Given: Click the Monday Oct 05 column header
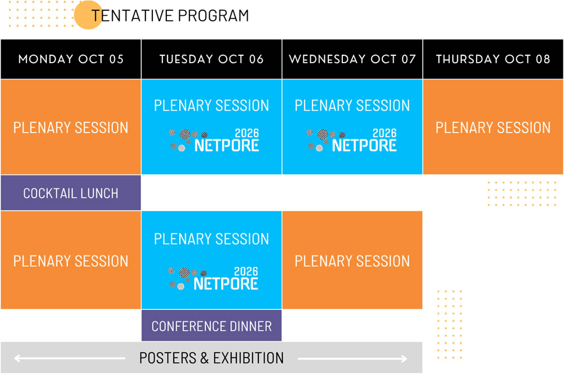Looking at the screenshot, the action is pos(71,59).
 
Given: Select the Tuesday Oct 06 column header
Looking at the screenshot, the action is pos(211,59).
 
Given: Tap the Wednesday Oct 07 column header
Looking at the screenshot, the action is pos(352,59).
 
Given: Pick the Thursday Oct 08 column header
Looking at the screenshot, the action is pos(493,59).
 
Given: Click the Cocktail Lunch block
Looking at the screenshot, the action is pos(71,193).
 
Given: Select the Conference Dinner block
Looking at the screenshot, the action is pos(211,325).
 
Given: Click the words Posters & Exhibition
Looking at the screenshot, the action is pos(211,358).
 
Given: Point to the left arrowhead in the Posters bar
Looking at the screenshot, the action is pos(16,358).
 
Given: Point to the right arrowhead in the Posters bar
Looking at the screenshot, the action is pos(404,358).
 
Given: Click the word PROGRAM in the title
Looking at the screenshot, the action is pos(213,16).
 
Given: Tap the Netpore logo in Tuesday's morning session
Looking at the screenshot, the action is pos(214,140).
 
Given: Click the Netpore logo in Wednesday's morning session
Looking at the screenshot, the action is pos(352,140).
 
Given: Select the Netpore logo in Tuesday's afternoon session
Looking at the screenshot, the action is pos(213,278).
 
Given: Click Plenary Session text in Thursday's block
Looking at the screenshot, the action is pos(493,127).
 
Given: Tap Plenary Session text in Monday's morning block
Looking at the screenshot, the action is pos(71,127).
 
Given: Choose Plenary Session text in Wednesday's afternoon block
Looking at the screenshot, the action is pos(352,261).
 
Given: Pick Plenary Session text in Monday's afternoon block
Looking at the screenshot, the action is pos(71,261).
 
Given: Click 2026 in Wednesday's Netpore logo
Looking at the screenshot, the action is pos(385,133).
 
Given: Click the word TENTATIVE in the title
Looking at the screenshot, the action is pos(133,16).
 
